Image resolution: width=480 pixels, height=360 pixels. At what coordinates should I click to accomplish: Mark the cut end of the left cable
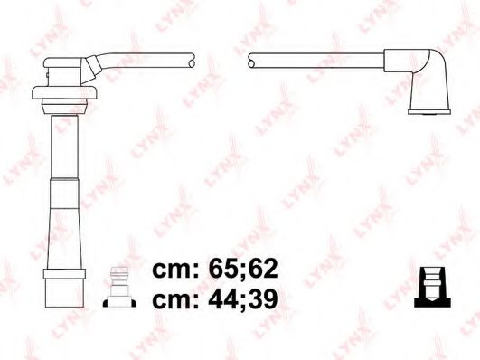[191, 61]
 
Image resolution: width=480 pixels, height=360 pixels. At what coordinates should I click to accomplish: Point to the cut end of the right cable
[250, 61]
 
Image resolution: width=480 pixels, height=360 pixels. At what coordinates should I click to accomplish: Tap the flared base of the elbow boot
[429, 109]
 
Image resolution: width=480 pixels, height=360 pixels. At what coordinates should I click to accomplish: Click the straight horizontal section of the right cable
[316, 61]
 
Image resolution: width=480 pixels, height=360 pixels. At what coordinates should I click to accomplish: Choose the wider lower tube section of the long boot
[65, 235]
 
